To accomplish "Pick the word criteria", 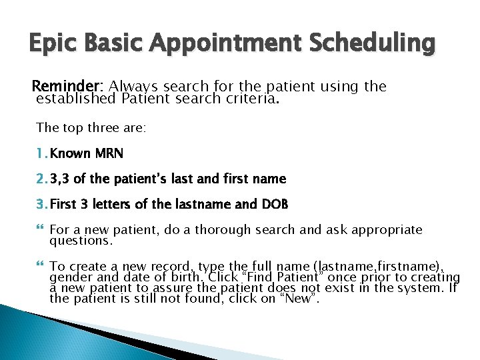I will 253,99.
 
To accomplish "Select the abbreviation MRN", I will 109,153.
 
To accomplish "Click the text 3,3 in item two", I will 61,179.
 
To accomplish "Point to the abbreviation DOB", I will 274,204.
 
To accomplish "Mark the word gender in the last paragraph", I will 69,277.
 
